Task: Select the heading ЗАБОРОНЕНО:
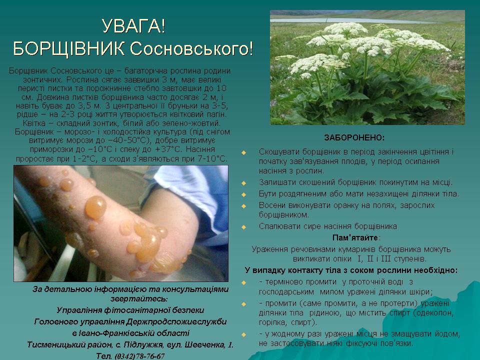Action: [x=354, y=138]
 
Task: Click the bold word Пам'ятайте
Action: [x=355, y=238]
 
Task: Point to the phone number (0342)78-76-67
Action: [x=139, y=356]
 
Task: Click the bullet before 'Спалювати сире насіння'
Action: [x=243, y=227]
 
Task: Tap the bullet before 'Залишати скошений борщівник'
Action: [x=243, y=183]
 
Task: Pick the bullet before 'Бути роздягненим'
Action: [x=243, y=194]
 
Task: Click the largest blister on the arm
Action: [x=96, y=207]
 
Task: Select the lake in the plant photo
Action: [x=352, y=20]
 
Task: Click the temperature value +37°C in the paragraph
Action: [x=168, y=149]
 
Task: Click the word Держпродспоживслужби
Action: [x=176, y=322]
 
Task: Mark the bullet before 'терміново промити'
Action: [x=243, y=282]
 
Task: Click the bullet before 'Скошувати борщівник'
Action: [x=243, y=152]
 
